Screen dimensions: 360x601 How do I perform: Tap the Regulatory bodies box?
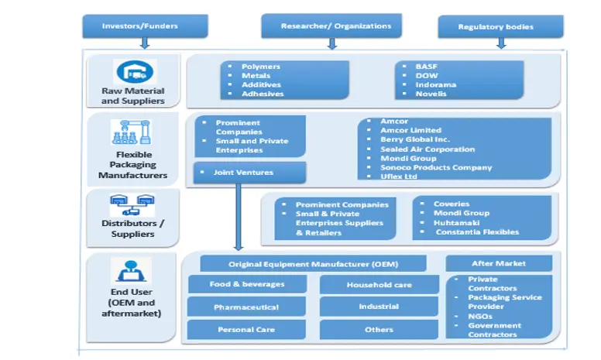[496, 27]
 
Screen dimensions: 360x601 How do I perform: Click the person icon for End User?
[132, 270]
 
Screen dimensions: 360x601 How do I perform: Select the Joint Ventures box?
[249, 173]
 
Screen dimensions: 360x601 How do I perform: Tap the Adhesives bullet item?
[263, 94]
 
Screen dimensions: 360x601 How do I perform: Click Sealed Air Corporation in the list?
[428, 149]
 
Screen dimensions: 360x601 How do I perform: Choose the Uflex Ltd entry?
[399, 177]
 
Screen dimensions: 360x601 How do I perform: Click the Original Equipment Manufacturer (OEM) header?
[313, 264]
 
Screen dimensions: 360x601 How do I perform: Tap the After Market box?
[499, 263]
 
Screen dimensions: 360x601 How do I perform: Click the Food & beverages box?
[247, 284]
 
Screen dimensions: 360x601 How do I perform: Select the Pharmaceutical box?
[247, 307]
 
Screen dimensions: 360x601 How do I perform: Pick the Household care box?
[379, 285]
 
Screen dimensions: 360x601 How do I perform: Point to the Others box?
[379, 330]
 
